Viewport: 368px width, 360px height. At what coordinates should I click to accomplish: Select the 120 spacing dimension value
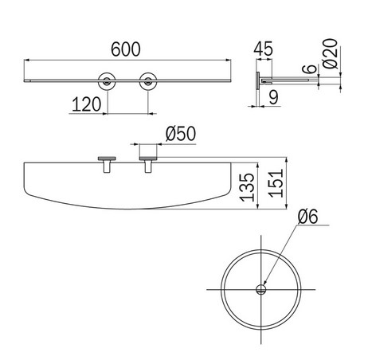click(87, 104)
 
